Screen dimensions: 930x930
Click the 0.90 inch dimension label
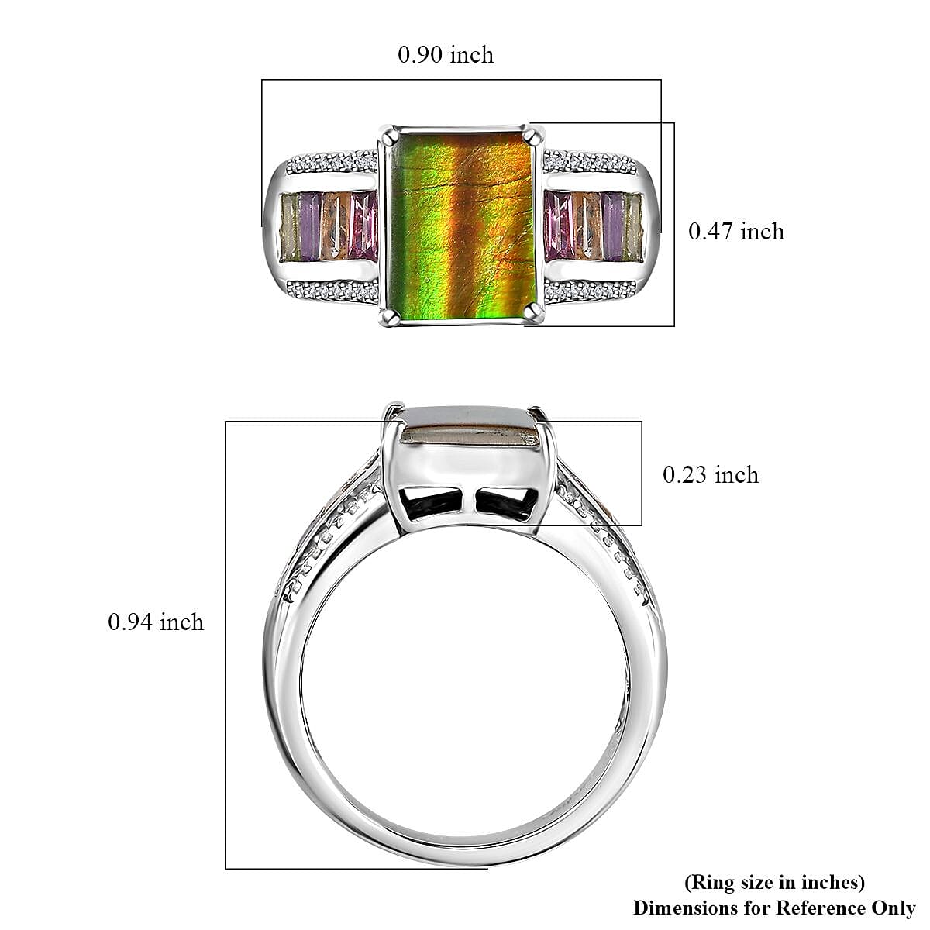(x=445, y=55)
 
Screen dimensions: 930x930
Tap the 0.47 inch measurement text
(x=735, y=232)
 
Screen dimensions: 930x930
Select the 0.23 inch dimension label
(x=710, y=475)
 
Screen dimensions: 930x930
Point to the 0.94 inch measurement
(x=156, y=622)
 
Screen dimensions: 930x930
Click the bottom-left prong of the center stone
(x=385, y=315)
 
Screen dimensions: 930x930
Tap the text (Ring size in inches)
(x=774, y=882)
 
